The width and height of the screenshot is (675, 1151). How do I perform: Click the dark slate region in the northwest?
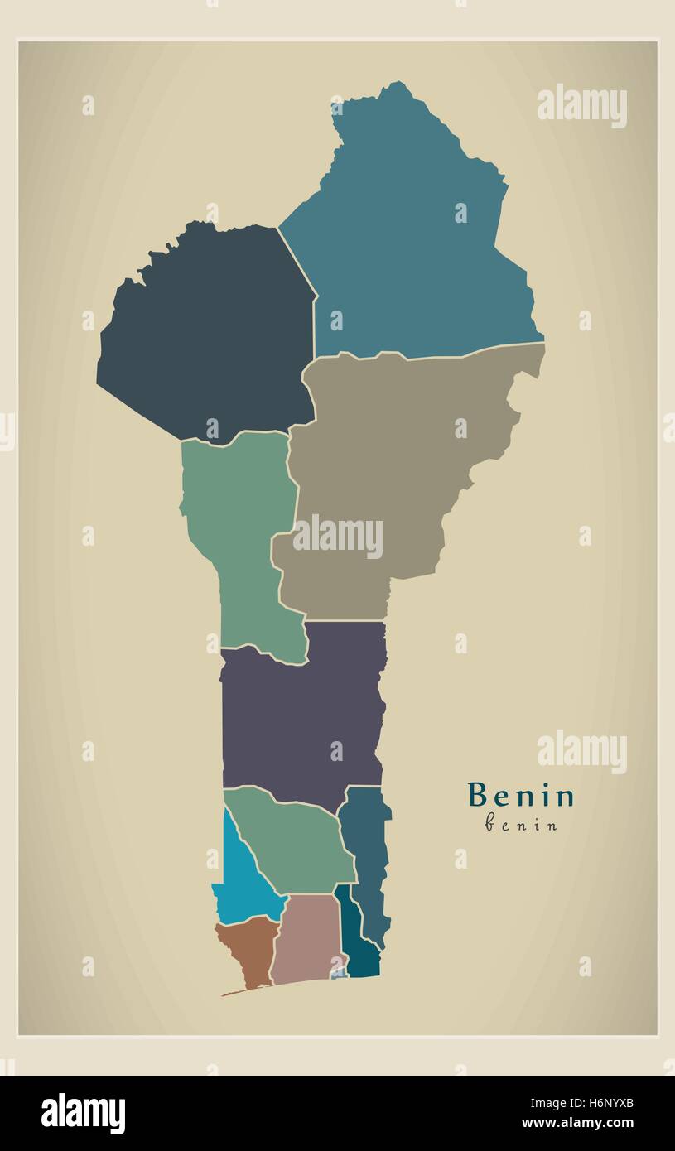(x=207, y=331)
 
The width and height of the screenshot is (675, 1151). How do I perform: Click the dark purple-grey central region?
(x=298, y=712)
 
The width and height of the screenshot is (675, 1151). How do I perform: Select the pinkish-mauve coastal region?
(x=306, y=940)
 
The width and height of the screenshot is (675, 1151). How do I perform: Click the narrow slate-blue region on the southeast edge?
(x=366, y=861)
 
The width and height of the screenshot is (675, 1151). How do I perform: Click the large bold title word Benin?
(x=521, y=796)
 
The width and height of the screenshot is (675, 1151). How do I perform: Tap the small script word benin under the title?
(x=521, y=825)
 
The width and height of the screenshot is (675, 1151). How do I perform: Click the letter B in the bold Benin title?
(x=477, y=796)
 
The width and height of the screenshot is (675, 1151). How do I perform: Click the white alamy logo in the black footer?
(x=83, y=1114)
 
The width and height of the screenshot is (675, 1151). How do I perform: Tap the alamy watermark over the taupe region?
(x=337, y=537)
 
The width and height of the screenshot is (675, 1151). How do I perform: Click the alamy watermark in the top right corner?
(x=581, y=106)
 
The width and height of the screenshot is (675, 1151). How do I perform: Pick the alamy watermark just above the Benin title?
(x=581, y=752)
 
